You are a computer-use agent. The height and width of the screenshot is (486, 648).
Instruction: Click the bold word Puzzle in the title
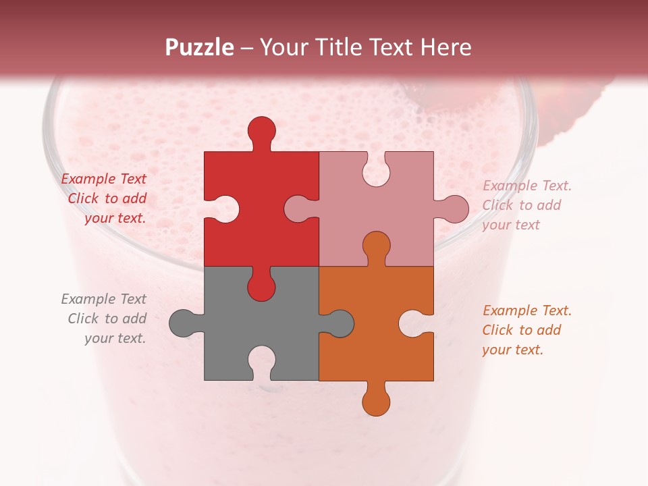(200, 47)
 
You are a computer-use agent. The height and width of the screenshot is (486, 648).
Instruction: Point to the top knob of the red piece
(261, 131)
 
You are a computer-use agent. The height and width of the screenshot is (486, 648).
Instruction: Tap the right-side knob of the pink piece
(454, 209)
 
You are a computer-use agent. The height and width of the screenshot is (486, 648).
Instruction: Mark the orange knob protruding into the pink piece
(376, 246)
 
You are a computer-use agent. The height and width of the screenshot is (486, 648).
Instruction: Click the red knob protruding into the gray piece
(261, 286)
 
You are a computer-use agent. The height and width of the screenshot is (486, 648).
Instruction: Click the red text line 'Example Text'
(104, 179)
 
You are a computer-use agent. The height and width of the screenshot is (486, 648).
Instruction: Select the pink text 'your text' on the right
(511, 225)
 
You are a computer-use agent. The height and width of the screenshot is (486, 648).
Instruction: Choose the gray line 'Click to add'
(107, 319)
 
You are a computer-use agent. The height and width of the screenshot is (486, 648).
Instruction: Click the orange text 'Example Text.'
(527, 310)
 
